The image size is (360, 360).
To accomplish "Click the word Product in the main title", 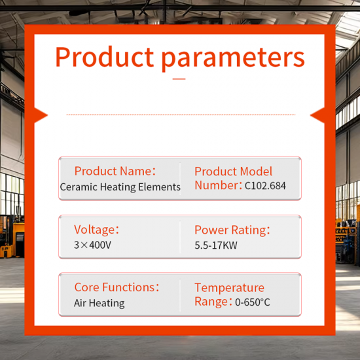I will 105,58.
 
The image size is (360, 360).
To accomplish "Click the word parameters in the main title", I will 233,59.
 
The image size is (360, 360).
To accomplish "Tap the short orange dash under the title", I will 179,79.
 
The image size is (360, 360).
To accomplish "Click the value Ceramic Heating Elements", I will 120,187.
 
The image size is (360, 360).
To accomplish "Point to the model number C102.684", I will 265,187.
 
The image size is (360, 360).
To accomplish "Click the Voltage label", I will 97,230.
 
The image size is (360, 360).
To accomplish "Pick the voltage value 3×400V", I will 92,245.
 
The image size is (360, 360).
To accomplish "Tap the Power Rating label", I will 232,230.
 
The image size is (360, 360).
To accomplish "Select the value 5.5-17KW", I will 216,246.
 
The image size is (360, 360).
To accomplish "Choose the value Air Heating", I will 99,303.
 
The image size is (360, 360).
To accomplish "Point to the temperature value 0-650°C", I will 252,302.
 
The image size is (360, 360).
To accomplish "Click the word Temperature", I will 229,288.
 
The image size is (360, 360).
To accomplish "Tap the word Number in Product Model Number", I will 217,186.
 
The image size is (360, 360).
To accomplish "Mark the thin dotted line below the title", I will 180,115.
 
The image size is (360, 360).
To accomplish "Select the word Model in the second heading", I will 255,171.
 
